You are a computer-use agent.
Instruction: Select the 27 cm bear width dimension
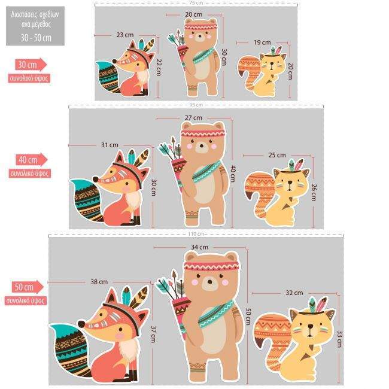click(193, 117)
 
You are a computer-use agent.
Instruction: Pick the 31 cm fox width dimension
click(110, 145)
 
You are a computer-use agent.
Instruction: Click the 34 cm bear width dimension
click(200, 247)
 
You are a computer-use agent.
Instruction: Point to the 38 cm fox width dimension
click(99, 281)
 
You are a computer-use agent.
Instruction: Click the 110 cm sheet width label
click(196, 233)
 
